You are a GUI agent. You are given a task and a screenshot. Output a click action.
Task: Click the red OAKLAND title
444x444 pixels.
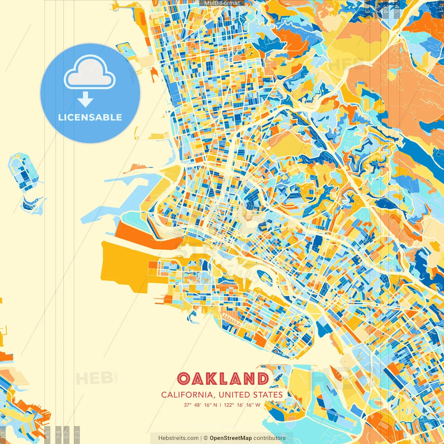tap(223, 379)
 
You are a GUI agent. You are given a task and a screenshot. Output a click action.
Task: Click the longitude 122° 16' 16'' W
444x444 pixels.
tap(242, 405)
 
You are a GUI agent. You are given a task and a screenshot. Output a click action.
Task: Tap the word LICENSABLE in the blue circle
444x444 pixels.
tap(90, 117)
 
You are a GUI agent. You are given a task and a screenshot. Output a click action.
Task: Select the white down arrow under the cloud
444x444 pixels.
tap(85, 100)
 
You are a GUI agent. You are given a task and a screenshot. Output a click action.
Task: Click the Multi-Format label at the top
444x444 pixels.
tap(222, 3)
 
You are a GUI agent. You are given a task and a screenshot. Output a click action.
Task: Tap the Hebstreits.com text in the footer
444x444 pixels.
tap(178, 438)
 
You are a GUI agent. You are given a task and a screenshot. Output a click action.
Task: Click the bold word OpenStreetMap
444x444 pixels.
tap(230, 438)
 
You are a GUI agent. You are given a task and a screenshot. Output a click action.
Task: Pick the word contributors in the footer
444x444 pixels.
tap(270, 438)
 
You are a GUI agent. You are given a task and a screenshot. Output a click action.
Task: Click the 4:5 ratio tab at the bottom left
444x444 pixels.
tap(48, 434)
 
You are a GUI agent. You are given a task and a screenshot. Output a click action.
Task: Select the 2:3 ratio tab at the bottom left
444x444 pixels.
tap(77, 434)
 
